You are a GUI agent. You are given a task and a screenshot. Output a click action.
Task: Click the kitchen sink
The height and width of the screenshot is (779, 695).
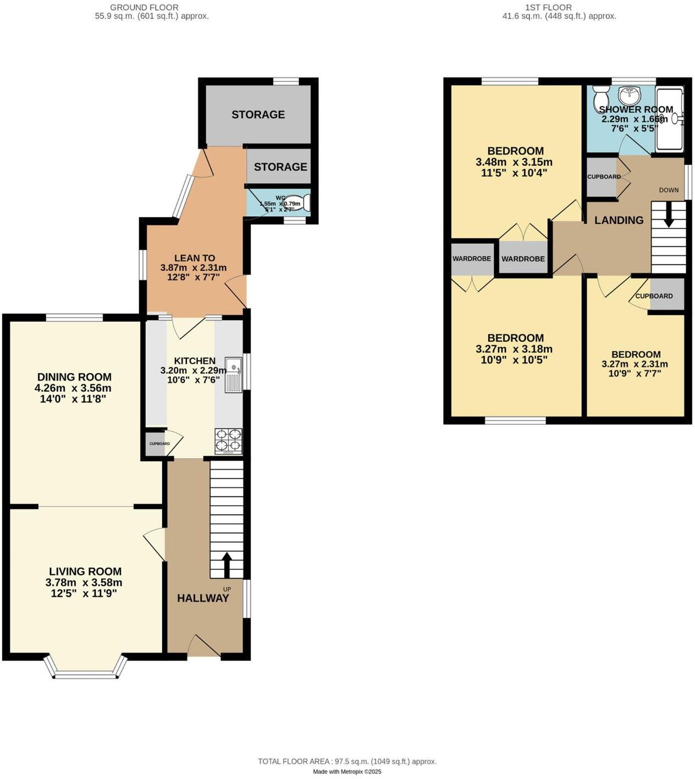234,375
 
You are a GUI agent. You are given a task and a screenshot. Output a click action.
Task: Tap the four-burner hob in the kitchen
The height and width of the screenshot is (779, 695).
228,440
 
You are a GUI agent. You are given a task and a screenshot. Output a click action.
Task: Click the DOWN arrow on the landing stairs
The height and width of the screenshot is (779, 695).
669,215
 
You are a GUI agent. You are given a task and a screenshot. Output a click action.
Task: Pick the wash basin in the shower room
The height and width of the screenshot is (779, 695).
628,96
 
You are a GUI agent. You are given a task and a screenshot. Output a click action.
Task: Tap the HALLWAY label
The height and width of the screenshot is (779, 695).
203,598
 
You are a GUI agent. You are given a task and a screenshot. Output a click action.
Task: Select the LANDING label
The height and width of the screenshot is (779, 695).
619,220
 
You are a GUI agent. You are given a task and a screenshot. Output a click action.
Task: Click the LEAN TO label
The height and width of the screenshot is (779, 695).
195,258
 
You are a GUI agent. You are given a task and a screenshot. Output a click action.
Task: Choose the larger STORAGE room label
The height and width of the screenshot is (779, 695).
258,114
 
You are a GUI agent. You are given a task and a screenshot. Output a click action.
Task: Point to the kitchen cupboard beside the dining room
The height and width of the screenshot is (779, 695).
156,444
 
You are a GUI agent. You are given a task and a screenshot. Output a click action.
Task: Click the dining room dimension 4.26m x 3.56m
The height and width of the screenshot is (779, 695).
74,388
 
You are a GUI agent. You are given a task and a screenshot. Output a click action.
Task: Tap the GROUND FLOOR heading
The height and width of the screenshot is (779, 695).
145,7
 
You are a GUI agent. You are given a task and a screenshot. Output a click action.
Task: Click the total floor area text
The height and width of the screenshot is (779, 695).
347,761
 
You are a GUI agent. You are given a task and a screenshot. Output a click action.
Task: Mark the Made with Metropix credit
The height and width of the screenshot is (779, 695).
347,771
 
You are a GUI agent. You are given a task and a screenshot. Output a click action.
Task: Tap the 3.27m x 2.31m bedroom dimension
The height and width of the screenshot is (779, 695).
635,364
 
